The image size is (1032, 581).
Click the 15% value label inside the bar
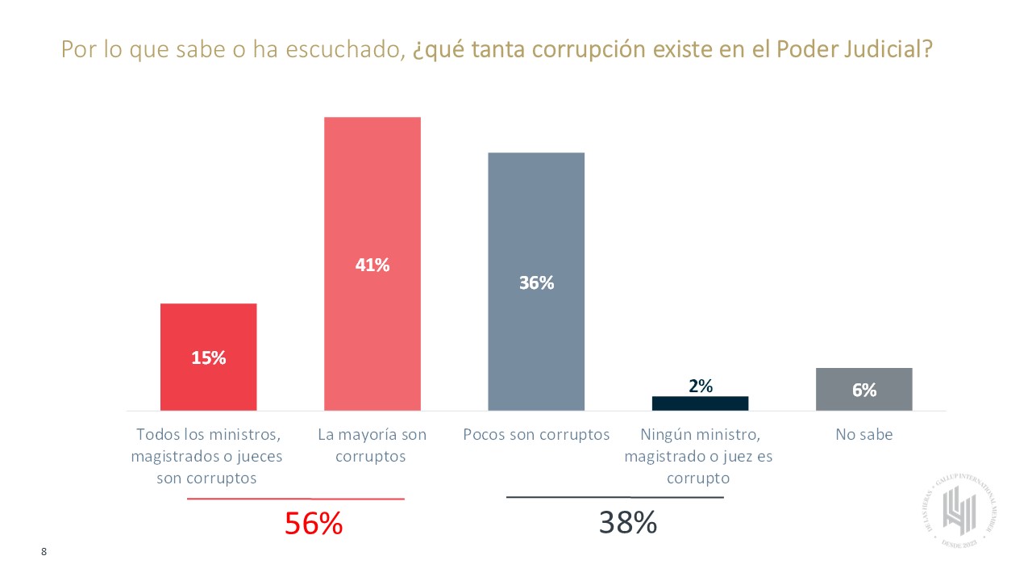208,358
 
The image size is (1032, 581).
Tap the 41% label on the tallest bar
372,264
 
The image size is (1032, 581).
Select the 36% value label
536,282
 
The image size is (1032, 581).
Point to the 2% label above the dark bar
700,386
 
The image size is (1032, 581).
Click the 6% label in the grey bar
863,390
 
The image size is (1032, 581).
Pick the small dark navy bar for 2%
700,403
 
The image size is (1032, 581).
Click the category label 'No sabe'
864,435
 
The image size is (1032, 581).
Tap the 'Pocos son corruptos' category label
536,435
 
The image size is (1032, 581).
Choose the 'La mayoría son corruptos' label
372,445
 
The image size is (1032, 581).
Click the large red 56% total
314,525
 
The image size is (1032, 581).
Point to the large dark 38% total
627,523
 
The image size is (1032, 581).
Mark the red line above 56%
295,499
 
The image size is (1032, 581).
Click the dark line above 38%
614,497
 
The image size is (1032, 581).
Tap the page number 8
44,552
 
